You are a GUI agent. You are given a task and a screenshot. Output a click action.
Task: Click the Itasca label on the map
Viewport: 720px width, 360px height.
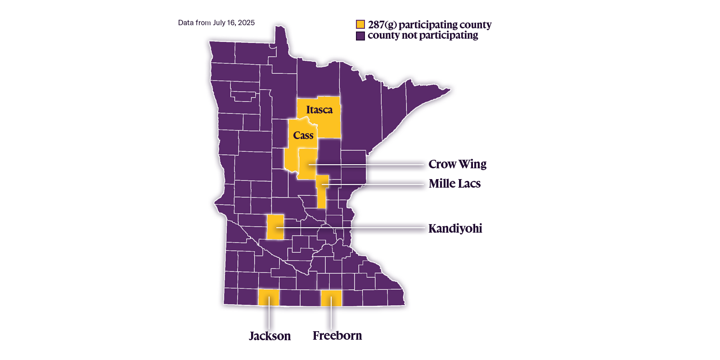[319, 110]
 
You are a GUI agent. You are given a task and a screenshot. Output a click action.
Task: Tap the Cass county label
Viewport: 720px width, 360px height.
[303, 135]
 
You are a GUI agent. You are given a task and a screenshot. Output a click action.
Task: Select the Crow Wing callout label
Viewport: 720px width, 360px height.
[457, 164]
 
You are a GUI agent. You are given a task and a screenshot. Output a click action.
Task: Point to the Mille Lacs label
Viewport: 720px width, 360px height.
[454, 184]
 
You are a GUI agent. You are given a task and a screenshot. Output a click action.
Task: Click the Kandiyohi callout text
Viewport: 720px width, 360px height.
[455, 229]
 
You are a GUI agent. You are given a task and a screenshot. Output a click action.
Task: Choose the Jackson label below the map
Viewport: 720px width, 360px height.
[270, 336]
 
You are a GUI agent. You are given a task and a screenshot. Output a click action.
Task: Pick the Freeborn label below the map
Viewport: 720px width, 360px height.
[337, 336]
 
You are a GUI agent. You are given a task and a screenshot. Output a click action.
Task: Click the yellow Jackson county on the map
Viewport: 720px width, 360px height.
[269, 298]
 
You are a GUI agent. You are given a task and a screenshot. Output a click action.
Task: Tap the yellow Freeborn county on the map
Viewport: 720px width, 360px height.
[331, 298]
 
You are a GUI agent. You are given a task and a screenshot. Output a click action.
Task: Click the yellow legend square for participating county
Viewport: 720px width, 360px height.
[360, 24]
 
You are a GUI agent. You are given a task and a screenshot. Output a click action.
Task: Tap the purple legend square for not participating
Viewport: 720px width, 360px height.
[360, 36]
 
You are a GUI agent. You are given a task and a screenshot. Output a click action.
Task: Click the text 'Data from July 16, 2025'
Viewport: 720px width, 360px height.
[216, 23]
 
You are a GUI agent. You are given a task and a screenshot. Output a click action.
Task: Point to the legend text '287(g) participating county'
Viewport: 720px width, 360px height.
[429, 25]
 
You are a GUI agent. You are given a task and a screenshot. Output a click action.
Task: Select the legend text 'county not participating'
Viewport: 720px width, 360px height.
[423, 36]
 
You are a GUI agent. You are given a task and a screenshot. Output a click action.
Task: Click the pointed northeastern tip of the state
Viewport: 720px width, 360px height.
[449, 90]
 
